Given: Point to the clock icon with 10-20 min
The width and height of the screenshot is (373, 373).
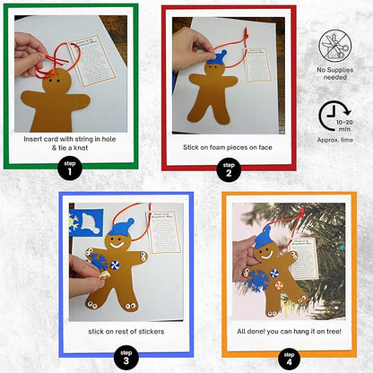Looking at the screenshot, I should [334, 117].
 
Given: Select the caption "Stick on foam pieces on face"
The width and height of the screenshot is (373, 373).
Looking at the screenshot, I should [229, 146].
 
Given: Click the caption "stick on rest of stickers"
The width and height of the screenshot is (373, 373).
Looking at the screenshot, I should [126, 332].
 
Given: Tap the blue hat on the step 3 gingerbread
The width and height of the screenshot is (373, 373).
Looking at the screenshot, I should [125, 226].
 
